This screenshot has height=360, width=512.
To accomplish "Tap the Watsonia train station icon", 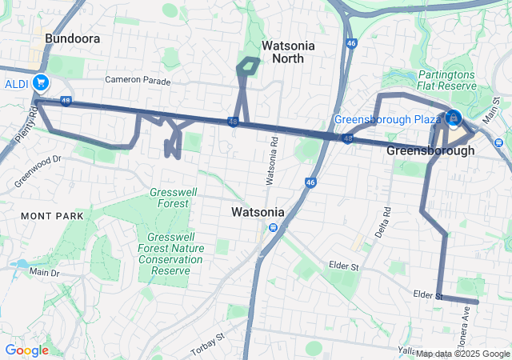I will click(273, 228).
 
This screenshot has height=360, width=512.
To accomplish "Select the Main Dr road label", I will click(45, 273).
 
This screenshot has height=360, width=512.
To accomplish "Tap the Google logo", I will click(26, 350).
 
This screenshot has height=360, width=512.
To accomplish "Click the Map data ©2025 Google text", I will click(462, 354).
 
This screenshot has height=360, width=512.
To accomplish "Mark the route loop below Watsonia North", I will click(248, 67).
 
